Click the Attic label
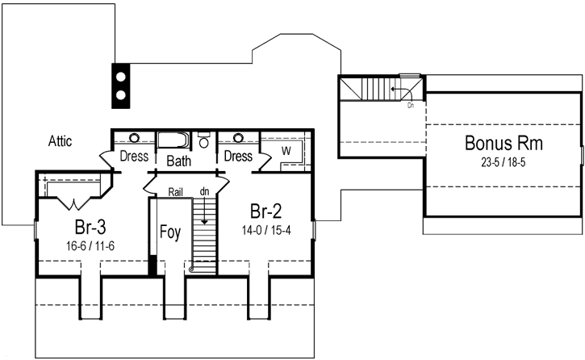tap(58, 141)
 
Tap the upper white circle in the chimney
tap(120, 76)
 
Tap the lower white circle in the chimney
tap(120, 95)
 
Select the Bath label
tap(178, 161)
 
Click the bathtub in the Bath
tap(173, 140)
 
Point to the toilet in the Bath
tap(203, 141)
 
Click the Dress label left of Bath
tap(134, 156)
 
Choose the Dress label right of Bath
tap(238, 156)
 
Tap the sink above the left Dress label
tap(134, 137)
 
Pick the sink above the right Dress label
tap(239, 137)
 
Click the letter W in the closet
tap(286, 150)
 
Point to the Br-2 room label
tap(266, 211)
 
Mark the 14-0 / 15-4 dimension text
tap(266, 230)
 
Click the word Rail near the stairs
tap(177, 192)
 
